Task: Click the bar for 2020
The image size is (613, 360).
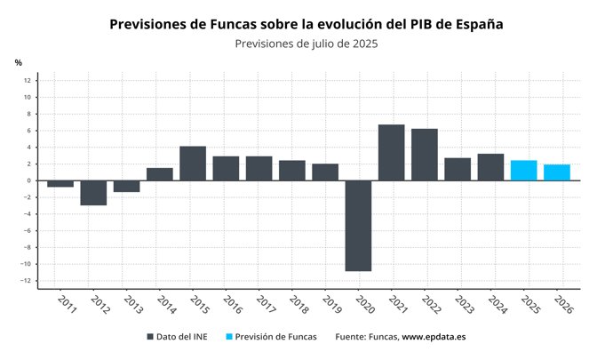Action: tap(358, 226)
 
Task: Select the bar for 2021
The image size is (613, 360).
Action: tap(391, 152)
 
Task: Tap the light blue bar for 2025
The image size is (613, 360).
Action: tap(524, 171)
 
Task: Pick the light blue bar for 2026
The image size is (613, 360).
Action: tap(557, 172)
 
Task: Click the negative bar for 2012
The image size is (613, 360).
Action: tap(93, 193)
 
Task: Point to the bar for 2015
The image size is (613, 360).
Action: tap(193, 164)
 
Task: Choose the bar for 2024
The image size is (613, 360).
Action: tap(490, 167)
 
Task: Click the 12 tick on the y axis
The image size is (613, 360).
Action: tap(28, 81)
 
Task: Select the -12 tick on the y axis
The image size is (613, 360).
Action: tap(27, 281)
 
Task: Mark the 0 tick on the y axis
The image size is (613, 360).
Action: tap(29, 180)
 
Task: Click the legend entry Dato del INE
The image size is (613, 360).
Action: tap(182, 338)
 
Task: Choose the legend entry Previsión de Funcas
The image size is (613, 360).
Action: tap(270, 338)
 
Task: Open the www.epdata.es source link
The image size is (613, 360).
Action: tap(434, 338)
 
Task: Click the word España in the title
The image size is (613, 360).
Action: tap(473, 24)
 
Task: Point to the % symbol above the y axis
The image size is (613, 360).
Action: tap(18, 62)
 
